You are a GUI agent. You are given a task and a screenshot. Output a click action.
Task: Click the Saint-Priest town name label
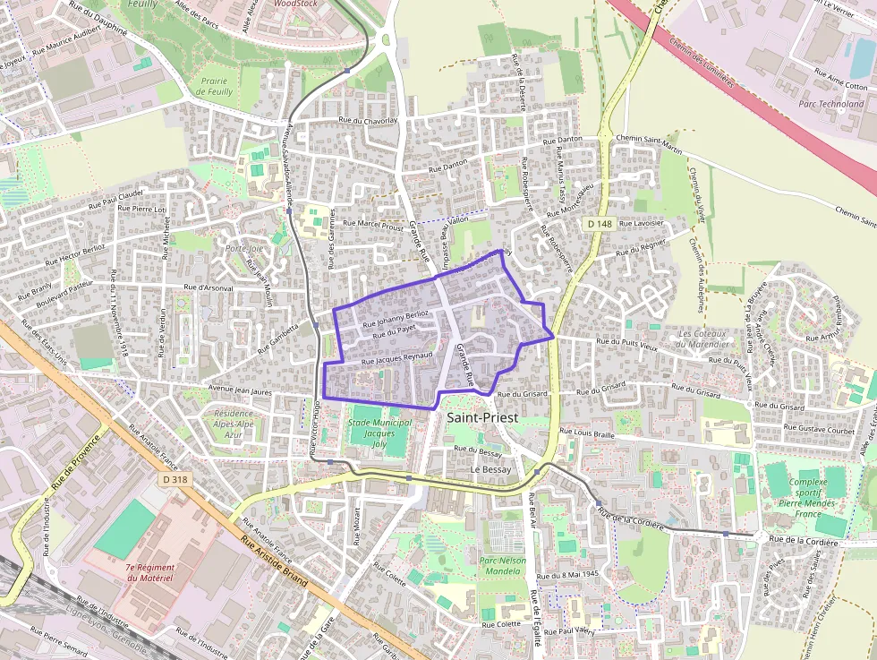pos(481,416)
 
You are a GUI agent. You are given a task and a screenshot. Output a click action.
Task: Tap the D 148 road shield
pos(600,222)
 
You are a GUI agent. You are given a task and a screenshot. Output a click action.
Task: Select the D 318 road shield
pos(176,479)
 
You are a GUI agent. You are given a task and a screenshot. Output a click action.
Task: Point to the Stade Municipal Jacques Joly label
pos(379,433)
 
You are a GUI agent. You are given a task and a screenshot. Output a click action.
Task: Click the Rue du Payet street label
pos(395,334)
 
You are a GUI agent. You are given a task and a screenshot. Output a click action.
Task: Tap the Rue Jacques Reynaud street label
pos(397,358)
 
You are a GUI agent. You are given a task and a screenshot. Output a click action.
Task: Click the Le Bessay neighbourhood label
pos(490,469)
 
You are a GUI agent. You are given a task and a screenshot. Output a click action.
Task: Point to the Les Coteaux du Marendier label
pos(706,339)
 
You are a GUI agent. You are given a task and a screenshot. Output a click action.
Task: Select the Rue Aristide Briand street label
pos(274,561)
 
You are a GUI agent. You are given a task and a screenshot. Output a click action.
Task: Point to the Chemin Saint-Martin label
pos(650,139)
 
